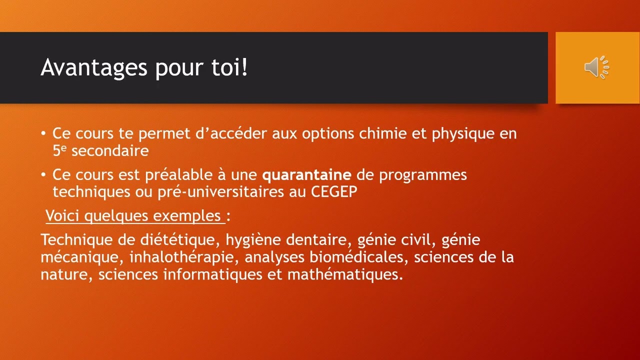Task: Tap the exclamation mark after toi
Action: (x=244, y=66)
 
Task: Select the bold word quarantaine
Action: (x=307, y=175)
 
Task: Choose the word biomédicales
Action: (x=356, y=257)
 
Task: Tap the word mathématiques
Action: (x=344, y=275)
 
